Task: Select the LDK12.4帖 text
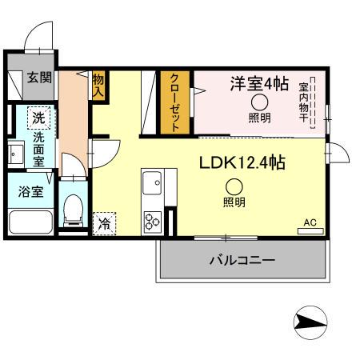[242, 162]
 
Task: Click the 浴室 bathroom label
[20, 193]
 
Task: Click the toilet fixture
[74, 212]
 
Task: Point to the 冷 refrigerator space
[104, 223]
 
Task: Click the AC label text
[310, 222]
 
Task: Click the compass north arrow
[312, 322]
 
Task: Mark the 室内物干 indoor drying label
[305, 101]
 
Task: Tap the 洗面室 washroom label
[38, 148]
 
